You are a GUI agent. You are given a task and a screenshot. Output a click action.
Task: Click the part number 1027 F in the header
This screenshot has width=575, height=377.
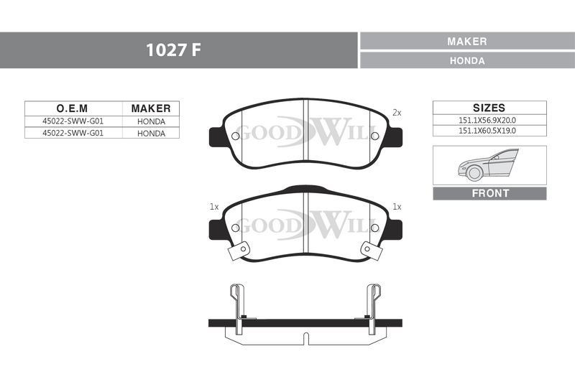(x=173, y=50)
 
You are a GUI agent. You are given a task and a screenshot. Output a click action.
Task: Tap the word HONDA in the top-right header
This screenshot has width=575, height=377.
(x=467, y=60)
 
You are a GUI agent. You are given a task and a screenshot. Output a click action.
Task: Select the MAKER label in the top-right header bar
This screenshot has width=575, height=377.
(x=466, y=42)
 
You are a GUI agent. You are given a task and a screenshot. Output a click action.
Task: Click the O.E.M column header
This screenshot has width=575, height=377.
(x=72, y=108)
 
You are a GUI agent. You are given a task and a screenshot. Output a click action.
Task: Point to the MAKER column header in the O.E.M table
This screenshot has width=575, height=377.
(x=151, y=108)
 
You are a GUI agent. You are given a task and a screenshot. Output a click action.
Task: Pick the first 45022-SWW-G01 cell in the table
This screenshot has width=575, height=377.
(x=73, y=121)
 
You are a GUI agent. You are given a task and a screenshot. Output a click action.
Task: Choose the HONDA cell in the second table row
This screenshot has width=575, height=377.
(x=151, y=134)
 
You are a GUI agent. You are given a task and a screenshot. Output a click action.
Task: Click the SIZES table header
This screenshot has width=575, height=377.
(x=489, y=108)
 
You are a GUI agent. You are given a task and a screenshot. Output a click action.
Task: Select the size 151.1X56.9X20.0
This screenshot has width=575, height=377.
(x=487, y=120)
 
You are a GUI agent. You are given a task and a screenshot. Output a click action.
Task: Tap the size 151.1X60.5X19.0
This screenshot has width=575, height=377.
(x=487, y=131)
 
